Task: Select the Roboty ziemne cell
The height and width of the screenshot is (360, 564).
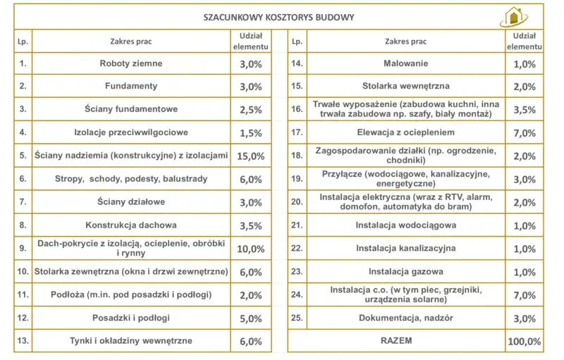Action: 130,63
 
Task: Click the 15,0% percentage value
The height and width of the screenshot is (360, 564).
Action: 251,156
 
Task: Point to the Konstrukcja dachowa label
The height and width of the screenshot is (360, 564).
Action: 130,225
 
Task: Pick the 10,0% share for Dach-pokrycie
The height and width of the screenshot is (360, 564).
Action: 251,249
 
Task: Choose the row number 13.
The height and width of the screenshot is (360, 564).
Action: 22,342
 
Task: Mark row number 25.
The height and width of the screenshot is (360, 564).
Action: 297,318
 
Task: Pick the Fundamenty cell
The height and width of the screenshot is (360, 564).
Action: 130,87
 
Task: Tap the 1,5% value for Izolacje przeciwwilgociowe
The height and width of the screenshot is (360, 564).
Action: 251,132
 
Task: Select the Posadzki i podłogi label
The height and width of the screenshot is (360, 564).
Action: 130,318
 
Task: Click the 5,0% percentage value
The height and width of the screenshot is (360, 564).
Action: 251,318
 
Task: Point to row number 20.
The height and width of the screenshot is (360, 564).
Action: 297,202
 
